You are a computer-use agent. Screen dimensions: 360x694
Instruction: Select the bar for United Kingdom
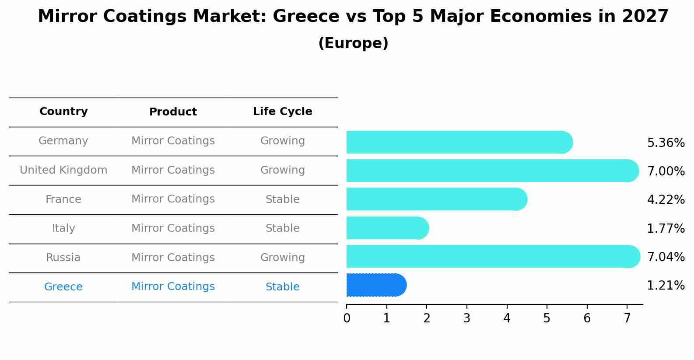492,171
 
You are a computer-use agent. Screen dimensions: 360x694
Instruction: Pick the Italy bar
387,228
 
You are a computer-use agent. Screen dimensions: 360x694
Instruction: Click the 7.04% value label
666,257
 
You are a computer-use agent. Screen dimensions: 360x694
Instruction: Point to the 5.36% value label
666,143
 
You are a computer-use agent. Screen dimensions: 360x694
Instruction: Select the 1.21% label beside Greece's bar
666,286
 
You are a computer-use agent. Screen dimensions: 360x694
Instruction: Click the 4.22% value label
666,200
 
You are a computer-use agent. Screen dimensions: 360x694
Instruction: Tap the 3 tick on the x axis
466,318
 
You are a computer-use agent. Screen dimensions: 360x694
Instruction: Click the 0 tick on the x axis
347,318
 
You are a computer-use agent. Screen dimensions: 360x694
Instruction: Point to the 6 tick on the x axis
587,318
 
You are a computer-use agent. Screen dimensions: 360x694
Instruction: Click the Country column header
63,112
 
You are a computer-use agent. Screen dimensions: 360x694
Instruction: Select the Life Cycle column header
282,112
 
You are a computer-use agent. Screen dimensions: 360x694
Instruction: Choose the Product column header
173,112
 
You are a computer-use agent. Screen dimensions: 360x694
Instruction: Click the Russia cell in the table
63,258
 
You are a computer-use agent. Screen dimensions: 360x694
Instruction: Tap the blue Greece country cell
63,287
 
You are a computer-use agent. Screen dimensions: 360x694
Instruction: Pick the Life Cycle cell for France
282,199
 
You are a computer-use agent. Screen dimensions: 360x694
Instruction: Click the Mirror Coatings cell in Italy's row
173,228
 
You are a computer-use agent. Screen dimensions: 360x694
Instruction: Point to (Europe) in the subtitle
353,43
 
